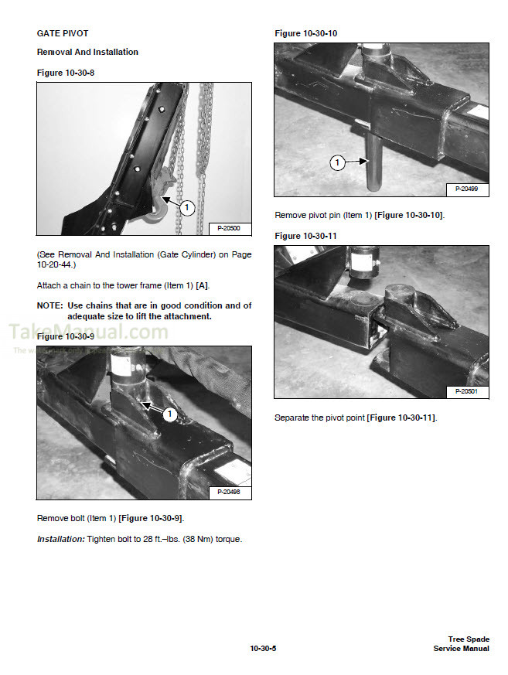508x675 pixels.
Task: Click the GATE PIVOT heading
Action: pyautogui.click(x=63, y=33)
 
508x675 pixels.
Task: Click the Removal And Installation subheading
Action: pyautogui.click(x=87, y=52)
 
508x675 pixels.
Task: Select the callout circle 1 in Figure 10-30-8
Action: pyautogui.click(x=186, y=207)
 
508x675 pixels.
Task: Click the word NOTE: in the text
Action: pyautogui.click(x=50, y=305)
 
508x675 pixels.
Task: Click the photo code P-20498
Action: pyautogui.click(x=229, y=492)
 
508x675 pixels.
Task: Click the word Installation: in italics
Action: pyautogui.click(x=63, y=539)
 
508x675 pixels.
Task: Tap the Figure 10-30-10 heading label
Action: pyautogui.click(x=306, y=33)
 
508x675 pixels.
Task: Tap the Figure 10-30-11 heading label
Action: pyautogui.click(x=305, y=236)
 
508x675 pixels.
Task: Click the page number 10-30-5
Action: pyautogui.click(x=263, y=648)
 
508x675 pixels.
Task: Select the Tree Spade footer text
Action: pyautogui.click(x=469, y=639)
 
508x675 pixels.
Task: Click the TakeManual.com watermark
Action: pyautogui.click(x=87, y=333)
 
